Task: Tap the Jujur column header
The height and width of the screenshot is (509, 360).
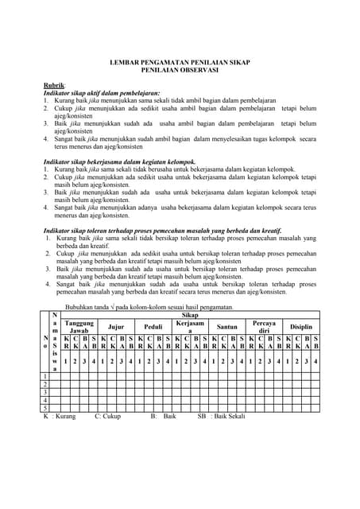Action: coord(116,327)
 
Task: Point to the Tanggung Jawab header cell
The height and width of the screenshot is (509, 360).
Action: coord(79,327)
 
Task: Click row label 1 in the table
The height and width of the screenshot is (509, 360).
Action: coord(45,377)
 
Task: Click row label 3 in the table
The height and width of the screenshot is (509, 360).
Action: coord(45,392)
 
